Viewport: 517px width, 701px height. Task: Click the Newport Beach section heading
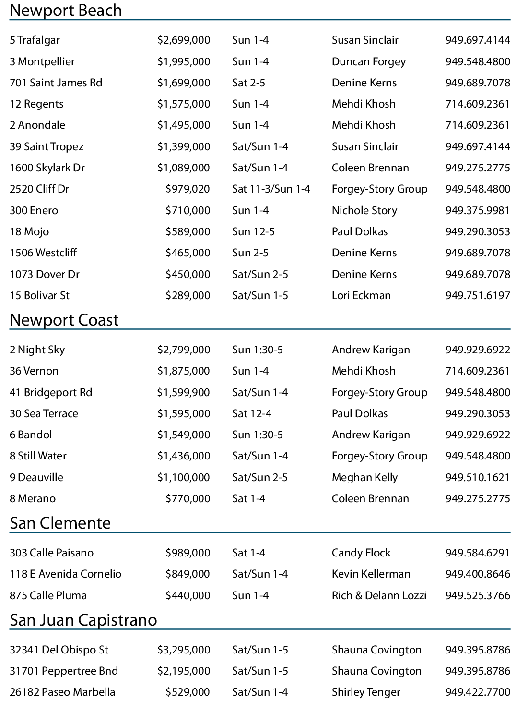66,11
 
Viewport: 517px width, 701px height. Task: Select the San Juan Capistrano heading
83,620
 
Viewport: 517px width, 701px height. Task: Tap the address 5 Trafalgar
35,40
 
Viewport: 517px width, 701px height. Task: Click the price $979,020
188,189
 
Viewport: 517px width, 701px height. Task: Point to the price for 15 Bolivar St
188,295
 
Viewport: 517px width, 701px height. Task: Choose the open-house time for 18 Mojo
253,231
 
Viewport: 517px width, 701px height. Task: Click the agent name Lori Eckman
361,295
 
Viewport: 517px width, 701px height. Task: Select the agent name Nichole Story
364,210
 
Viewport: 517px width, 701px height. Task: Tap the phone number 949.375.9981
478,210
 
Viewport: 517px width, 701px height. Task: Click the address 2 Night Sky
37,350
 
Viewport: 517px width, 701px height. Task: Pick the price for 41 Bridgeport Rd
183,392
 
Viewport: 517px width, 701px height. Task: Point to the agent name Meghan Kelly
365,477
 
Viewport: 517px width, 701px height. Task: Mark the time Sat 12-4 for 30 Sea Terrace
252,413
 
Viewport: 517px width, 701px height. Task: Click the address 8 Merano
33,498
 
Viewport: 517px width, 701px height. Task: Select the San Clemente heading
60,523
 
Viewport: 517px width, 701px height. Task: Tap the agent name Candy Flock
361,553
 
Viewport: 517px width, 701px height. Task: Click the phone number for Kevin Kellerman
478,574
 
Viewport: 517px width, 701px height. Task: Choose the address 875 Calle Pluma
48,595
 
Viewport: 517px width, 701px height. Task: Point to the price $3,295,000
184,650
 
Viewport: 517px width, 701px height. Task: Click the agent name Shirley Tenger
366,692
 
